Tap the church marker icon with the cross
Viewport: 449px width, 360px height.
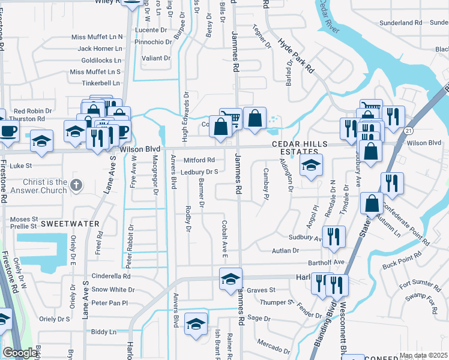pyautogui.click(x=76, y=186)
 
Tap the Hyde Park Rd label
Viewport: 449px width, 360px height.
pyautogui.click(x=296, y=56)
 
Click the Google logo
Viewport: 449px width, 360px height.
pyautogui.click(x=20, y=353)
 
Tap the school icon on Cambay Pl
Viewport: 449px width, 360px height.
pyautogui.click(x=311, y=167)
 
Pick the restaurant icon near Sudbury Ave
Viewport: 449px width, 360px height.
pyautogui.click(x=334, y=236)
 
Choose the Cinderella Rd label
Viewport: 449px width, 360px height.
pyautogui.click(x=110, y=277)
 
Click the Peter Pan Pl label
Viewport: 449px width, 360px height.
pyautogui.click(x=109, y=303)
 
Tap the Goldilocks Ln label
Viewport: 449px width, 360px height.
pyautogui.click(x=101, y=61)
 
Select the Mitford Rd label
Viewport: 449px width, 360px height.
pyautogui.click(x=199, y=160)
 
